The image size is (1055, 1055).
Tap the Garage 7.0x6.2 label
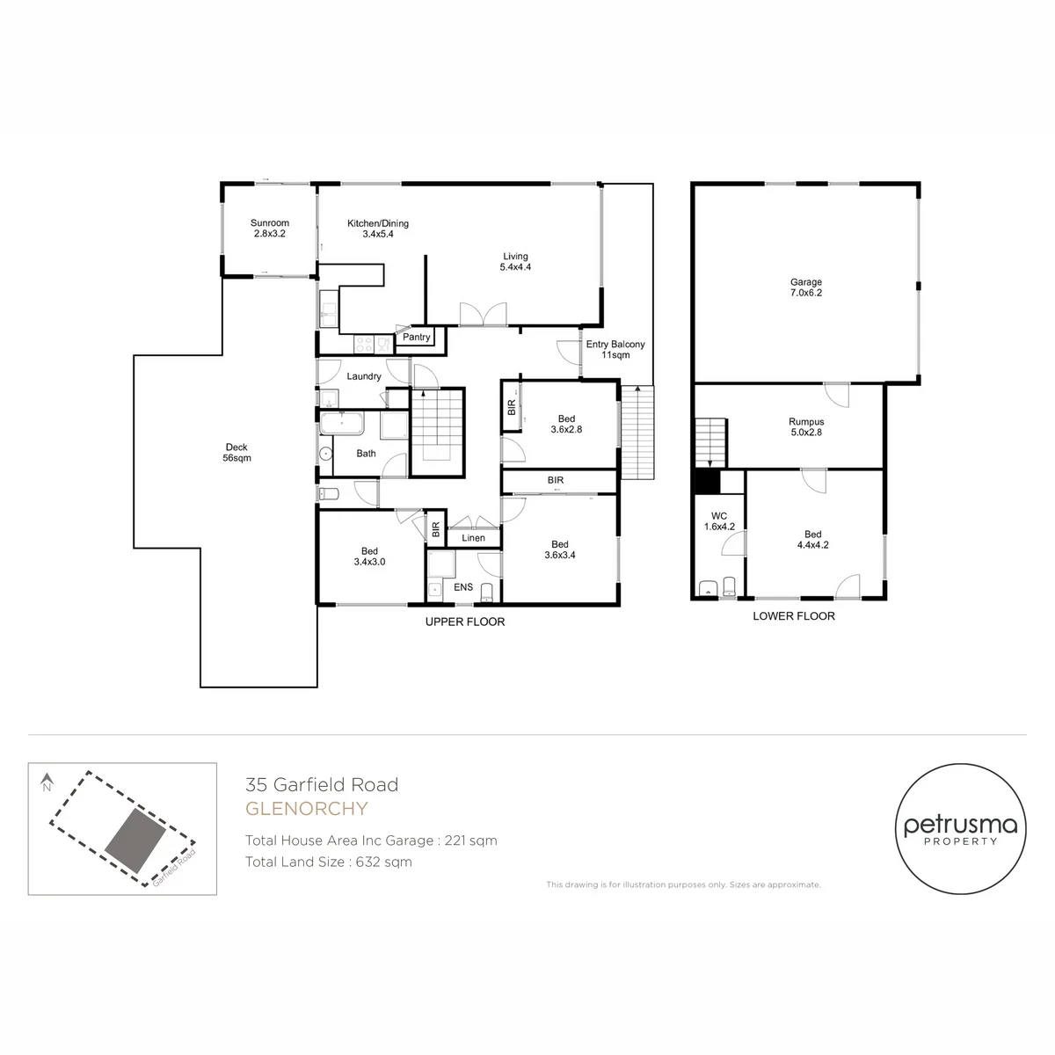pyautogui.click(x=806, y=287)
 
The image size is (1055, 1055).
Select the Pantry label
pyautogui.click(x=416, y=338)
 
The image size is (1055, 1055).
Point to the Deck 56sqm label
pyautogui.click(x=236, y=452)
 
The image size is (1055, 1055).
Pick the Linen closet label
pyautogui.click(x=473, y=538)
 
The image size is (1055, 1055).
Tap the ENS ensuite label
pyautogui.click(x=463, y=587)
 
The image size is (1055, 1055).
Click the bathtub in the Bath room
pyautogui.click(x=342, y=423)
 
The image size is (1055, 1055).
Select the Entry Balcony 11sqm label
pyautogui.click(x=615, y=349)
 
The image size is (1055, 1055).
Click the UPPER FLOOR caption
pyautogui.click(x=465, y=622)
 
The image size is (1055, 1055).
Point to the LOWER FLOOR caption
pyautogui.click(x=794, y=616)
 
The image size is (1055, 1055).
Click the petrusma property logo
pyautogui.click(x=960, y=829)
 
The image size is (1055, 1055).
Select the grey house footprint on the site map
pyautogui.click(x=135, y=841)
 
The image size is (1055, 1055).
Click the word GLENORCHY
pyautogui.click(x=306, y=809)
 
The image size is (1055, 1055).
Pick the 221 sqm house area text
pyautogui.click(x=471, y=840)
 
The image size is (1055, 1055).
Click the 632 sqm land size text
pyautogui.click(x=384, y=862)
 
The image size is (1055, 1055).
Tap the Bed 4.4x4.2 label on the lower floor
pyautogui.click(x=812, y=539)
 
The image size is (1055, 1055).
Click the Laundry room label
pyautogui.click(x=363, y=376)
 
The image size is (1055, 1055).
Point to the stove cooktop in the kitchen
pyautogui.click(x=364, y=345)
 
